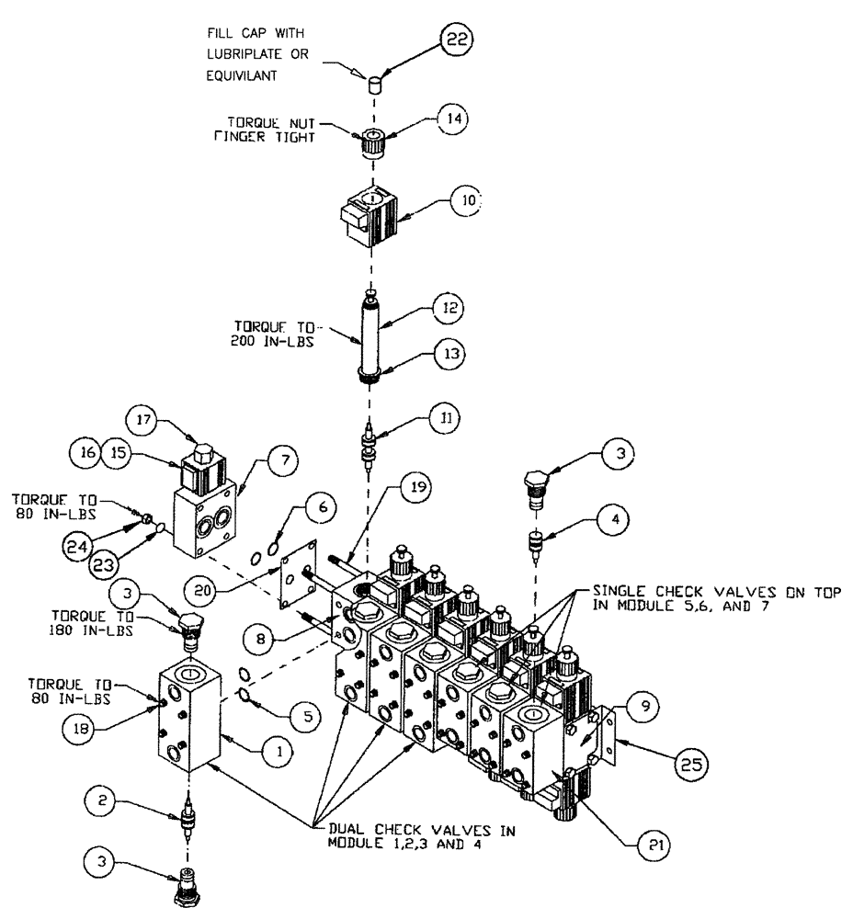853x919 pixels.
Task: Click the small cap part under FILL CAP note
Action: click(x=374, y=86)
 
